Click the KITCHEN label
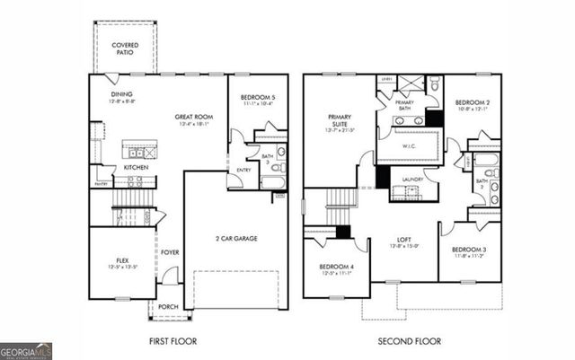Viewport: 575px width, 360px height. tap(136, 167)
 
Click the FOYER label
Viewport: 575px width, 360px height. tap(170, 252)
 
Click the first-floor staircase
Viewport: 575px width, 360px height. tap(131, 215)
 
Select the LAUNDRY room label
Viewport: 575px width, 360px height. tap(412, 179)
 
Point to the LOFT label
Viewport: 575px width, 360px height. tap(404, 240)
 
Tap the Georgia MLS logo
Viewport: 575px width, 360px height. tap(27, 348)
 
